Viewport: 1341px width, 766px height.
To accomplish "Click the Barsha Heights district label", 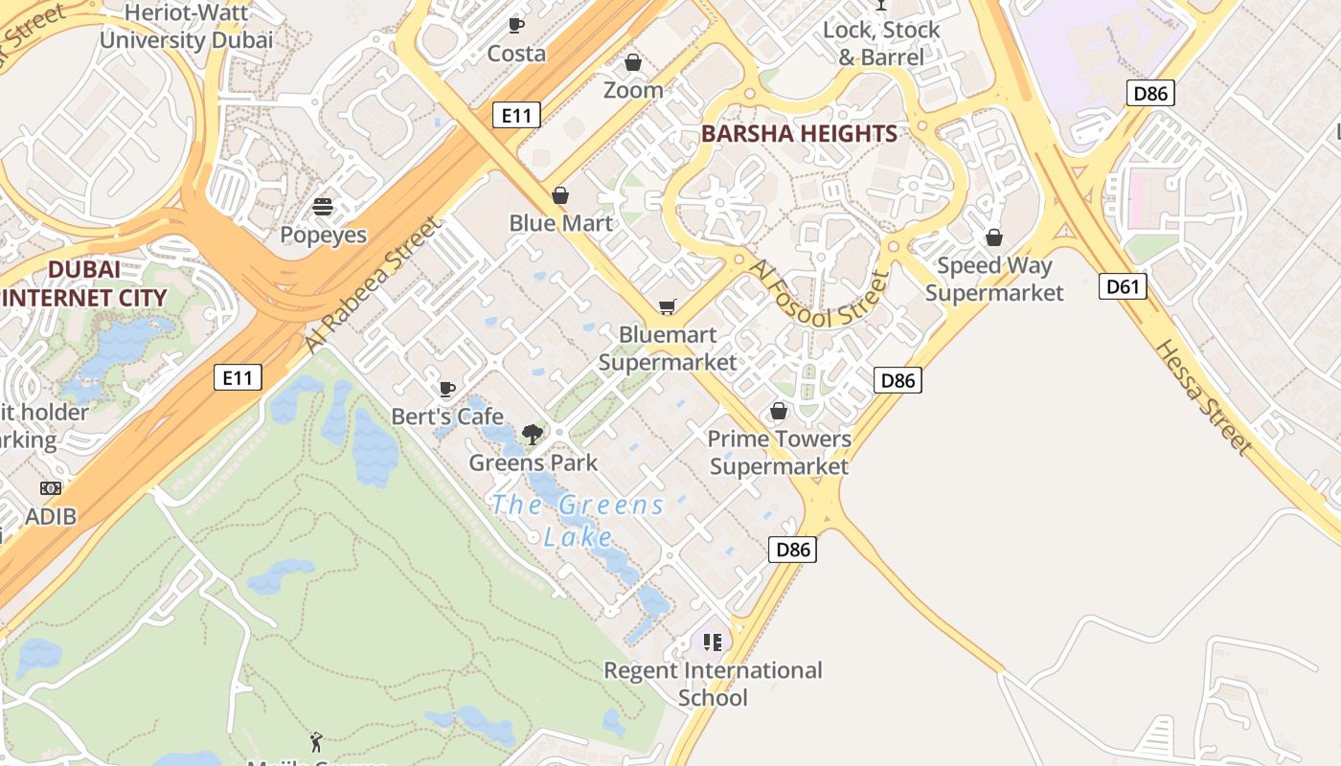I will pos(799,134).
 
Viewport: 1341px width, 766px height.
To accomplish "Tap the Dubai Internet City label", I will pos(84,284).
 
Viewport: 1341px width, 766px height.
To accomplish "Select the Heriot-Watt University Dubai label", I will pos(186,27).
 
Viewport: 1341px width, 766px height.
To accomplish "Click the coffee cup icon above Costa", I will pos(516,25).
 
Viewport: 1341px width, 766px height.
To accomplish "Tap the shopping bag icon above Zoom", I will pos(633,63).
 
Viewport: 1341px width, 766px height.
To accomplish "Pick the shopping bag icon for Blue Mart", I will pos(560,196).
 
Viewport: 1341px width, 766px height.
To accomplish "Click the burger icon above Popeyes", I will pos(323,207).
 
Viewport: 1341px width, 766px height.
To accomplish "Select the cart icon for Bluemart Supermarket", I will pos(667,307).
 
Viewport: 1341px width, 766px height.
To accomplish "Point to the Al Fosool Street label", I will pos(819,295).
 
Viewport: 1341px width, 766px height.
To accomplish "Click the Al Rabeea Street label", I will pos(375,284).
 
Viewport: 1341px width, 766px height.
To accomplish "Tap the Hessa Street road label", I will pos(1203,396).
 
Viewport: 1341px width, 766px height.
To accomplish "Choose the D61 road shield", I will pos(1123,286).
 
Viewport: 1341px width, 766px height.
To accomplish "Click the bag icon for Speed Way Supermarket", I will pos(994,237).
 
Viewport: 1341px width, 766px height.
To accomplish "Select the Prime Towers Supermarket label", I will pos(779,453).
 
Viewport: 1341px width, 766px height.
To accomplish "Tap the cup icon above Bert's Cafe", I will pos(446,389).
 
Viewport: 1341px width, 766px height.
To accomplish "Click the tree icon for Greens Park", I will pos(533,435).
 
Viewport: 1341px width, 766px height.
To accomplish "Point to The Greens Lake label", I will pos(578,520).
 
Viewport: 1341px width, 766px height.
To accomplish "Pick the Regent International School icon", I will pos(712,642).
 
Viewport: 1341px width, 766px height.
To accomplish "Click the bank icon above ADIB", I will pos(51,488).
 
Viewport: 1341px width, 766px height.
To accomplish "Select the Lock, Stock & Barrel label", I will pos(881,43).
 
